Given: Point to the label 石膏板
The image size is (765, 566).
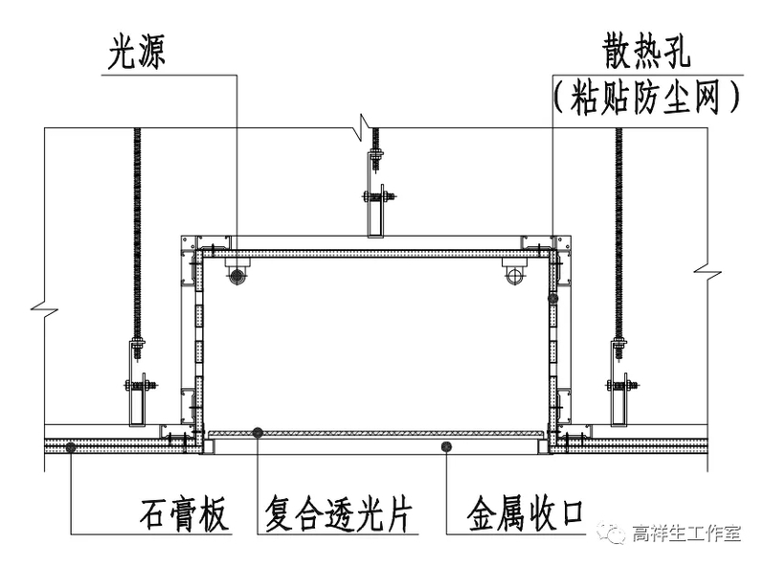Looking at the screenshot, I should pos(183,515).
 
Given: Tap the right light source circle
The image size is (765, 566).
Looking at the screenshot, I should pos(515,276).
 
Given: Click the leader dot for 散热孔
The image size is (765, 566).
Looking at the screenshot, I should pos(552,299).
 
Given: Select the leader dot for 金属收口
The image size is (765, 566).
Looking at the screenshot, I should pos(446,446).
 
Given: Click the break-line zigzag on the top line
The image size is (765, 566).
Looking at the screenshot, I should pos(365,125).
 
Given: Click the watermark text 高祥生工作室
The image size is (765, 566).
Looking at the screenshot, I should pos(686,533).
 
